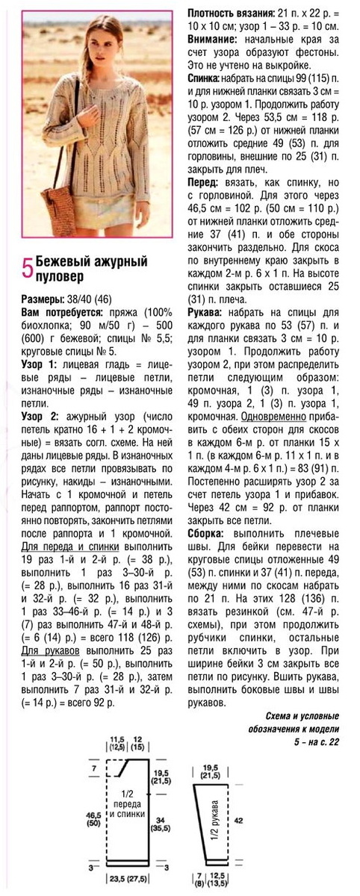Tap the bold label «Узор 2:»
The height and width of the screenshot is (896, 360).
pos(39,408)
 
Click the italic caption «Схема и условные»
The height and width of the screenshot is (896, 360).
pos(295,715)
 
